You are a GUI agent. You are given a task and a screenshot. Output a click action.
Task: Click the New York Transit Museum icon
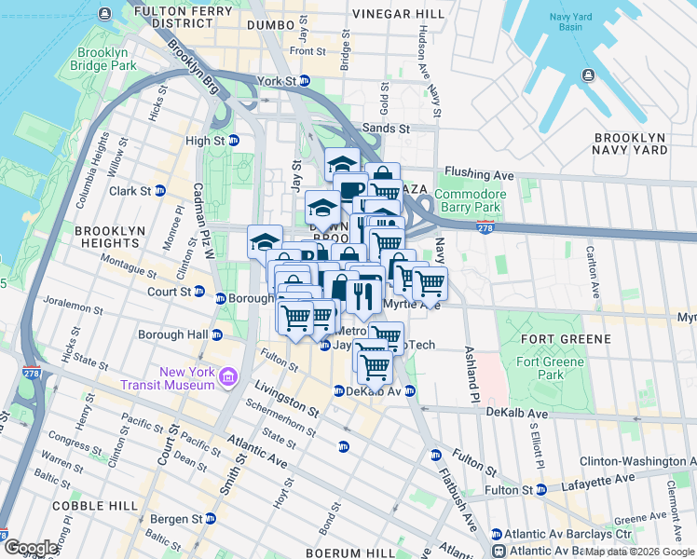(x=228, y=377)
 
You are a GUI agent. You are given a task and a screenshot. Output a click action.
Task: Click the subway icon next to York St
(x=305, y=81)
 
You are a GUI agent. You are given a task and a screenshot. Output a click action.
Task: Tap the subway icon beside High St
(x=235, y=141)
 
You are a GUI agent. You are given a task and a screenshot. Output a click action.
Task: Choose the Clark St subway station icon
(x=159, y=191)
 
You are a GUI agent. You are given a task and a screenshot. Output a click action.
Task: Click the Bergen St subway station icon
(x=211, y=518)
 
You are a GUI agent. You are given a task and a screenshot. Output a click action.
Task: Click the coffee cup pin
(x=351, y=190)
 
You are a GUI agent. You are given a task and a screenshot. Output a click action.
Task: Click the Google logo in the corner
(x=31, y=547)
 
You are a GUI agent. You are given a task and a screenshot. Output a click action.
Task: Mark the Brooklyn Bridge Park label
(x=107, y=59)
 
